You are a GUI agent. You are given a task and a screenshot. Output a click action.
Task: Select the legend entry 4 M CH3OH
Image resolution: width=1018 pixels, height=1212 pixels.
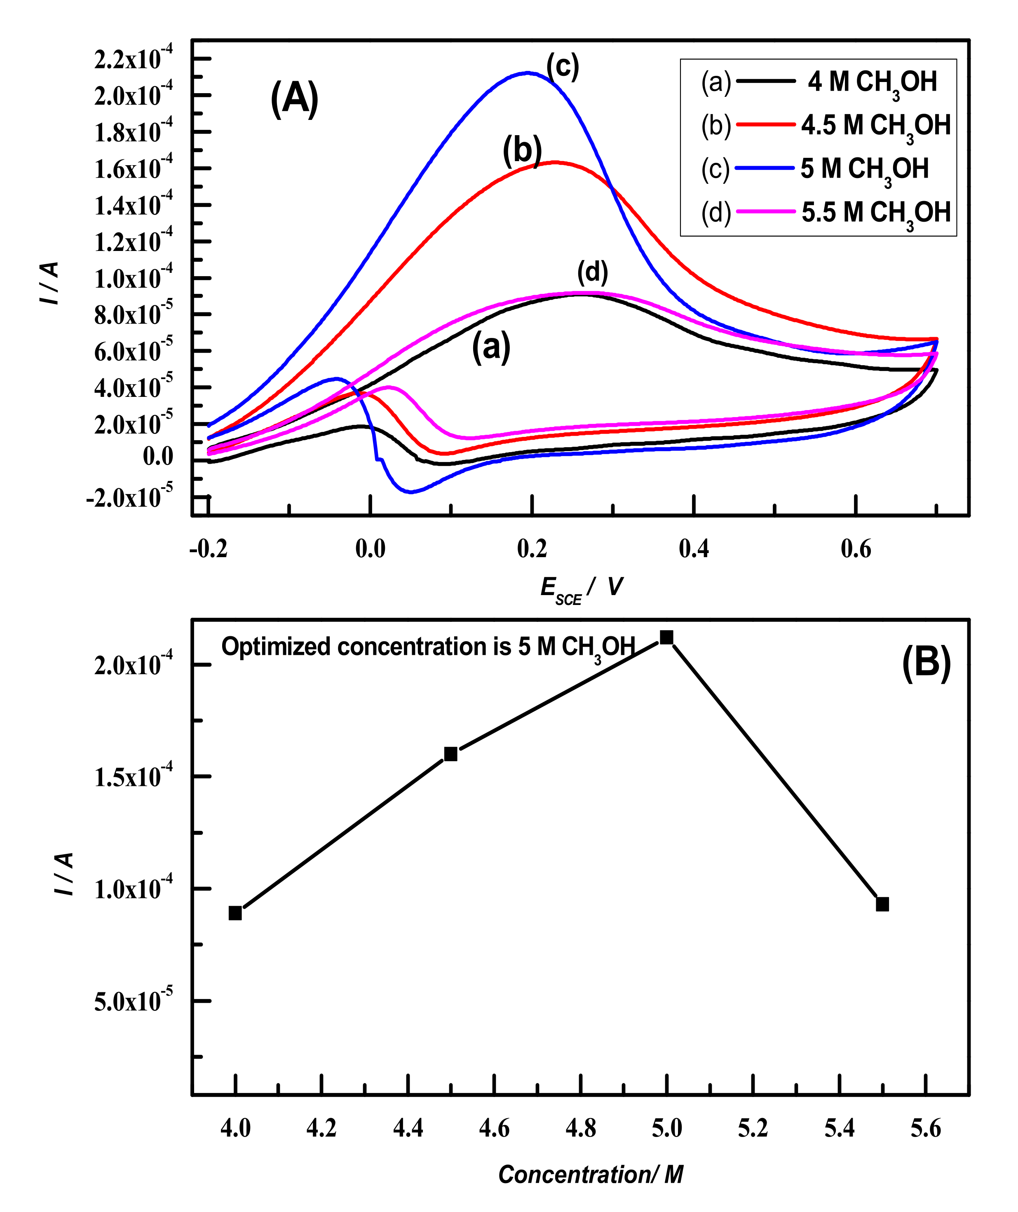tap(872, 82)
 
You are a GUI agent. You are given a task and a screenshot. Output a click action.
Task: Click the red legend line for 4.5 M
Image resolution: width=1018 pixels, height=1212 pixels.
tap(766, 125)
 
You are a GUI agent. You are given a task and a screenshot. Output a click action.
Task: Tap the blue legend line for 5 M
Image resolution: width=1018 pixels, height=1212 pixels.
tap(766, 169)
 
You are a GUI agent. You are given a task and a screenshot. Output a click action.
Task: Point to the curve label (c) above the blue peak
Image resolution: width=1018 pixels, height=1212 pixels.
tap(562, 66)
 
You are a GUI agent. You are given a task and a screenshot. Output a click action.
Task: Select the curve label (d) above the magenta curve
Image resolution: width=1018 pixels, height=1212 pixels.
tap(593, 272)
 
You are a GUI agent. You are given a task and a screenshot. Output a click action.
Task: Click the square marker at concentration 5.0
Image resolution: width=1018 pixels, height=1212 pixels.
tap(666, 637)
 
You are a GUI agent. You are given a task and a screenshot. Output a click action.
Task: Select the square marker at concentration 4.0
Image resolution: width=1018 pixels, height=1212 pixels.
tap(235, 913)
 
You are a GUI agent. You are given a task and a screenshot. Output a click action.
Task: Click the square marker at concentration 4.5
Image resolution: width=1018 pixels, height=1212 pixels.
tap(451, 754)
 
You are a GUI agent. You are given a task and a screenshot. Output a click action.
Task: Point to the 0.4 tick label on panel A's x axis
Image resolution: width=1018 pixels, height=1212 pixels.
tap(694, 549)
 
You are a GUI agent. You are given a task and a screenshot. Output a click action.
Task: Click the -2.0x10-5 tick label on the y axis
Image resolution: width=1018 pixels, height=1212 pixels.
tap(129, 497)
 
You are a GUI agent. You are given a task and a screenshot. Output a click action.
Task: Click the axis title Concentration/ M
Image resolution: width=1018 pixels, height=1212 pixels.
tap(590, 1174)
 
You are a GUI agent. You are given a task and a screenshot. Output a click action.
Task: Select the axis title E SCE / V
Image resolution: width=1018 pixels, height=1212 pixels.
tap(582, 588)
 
